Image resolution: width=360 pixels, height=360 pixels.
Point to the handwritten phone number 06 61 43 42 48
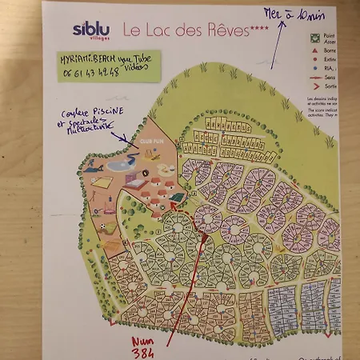87,71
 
